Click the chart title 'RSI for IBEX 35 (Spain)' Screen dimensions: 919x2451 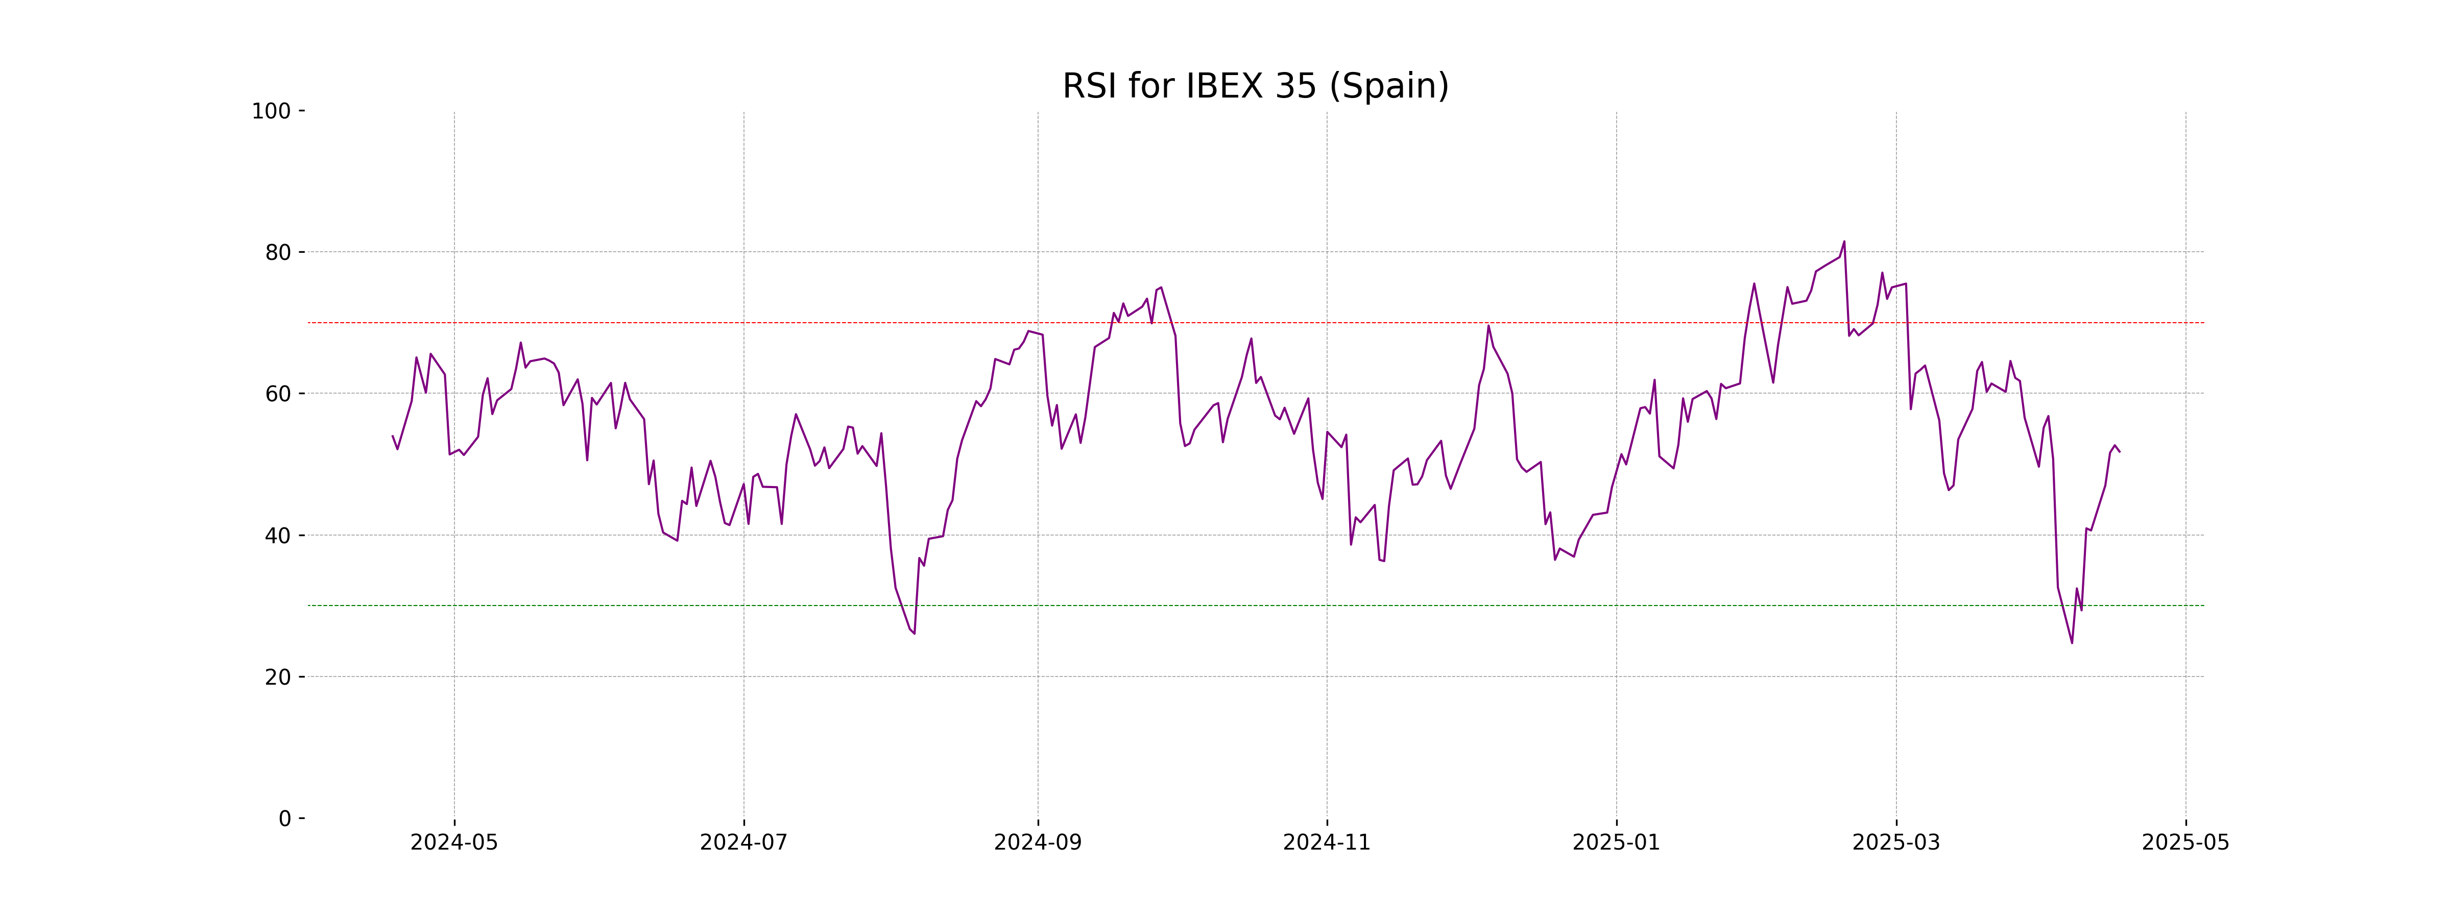(1255, 87)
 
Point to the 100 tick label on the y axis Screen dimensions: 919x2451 (271, 111)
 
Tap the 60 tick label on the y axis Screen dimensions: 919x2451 (278, 394)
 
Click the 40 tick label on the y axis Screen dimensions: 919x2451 (278, 536)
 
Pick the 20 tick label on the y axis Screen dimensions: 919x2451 (278, 678)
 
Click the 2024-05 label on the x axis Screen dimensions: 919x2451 (454, 843)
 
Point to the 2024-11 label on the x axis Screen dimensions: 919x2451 (1327, 843)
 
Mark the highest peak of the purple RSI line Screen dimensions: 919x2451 (1844, 241)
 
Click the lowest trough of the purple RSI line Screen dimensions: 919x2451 (2072, 643)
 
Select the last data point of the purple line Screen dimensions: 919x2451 (2119, 452)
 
